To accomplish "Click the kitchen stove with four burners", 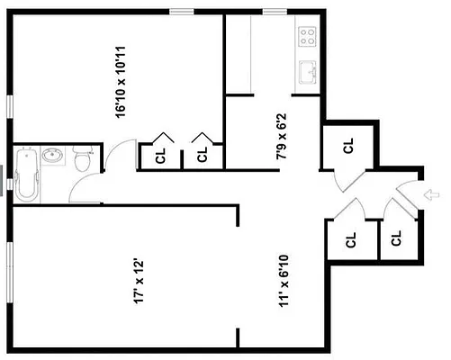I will point(308,37).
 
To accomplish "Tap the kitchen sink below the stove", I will point(308,70).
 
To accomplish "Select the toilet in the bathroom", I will point(82,160).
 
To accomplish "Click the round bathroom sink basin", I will point(51,157).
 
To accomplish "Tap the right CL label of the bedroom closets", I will point(203,154).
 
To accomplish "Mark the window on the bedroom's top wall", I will point(183,11).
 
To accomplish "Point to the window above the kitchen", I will point(275,11).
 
